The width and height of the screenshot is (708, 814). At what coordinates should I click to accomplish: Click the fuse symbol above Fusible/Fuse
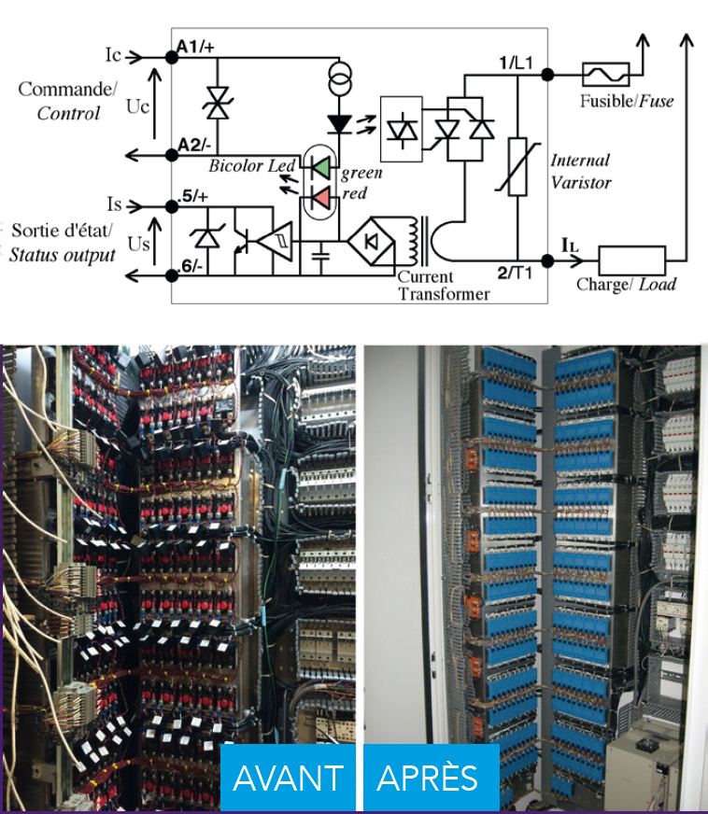click(605, 75)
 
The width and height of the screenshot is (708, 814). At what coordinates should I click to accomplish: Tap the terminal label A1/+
click(195, 47)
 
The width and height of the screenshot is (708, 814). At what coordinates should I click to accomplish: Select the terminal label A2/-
click(194, 145)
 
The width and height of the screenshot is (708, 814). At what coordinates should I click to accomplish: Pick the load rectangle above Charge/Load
click(631, 260)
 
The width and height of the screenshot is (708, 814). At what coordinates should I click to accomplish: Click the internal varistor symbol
click(517, 167)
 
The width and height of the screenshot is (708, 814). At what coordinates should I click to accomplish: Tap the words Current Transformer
click(444, 286)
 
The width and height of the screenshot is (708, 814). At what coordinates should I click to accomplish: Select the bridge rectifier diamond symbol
click(371, 242)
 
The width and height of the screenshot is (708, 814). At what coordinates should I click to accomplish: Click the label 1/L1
click(516, 63)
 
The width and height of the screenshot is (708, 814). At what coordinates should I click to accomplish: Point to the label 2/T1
click(515, 273)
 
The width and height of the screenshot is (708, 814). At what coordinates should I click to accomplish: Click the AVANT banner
click(289, 778)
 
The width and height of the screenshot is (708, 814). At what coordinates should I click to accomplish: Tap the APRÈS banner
click(432, 778)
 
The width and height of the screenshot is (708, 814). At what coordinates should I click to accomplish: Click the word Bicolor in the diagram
click(229, 165)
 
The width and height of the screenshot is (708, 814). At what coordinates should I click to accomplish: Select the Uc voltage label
click(137, 106)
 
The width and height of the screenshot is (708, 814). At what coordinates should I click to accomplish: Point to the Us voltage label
click(138, 244)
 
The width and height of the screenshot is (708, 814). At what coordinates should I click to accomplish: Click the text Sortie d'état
click(62, 230)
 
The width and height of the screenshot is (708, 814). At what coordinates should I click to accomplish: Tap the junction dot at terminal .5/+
click(172, 206)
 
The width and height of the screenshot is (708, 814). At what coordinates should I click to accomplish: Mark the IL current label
click(570, 245)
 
